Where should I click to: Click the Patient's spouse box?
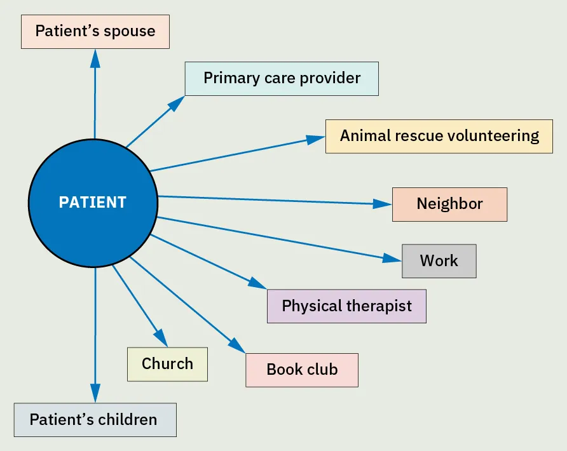95,32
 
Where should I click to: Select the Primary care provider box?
282,79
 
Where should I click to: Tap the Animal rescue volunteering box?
439,136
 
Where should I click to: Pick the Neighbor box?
449,205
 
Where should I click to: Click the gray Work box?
439,261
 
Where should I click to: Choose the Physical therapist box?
346,306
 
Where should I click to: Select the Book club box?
302,370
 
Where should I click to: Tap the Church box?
167,364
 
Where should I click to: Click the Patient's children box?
95,420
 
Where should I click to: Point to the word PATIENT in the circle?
93,203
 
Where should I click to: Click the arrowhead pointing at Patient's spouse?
95,58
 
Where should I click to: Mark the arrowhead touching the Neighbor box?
383,204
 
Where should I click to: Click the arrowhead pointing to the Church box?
159,337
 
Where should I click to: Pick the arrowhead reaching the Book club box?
238,346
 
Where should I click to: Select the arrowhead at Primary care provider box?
177,103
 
